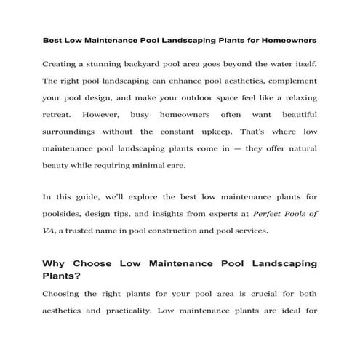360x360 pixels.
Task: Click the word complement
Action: (289, 81)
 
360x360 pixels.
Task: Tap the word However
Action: (103, 115)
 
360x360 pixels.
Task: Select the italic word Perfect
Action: (268, 215)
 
